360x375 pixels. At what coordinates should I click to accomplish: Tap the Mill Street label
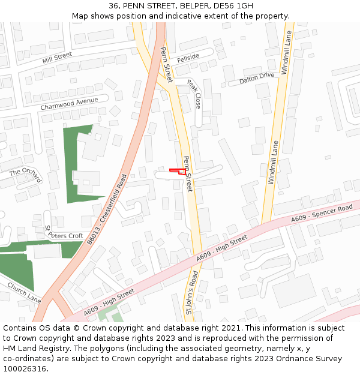(x=57, y=58)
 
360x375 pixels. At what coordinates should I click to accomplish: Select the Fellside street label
(x=188, y=57)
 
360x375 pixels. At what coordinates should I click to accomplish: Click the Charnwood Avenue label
(x=69, y=104)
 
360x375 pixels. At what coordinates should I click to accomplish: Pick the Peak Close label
(x=194, y=94)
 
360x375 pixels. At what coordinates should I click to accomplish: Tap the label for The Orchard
(x=26, y=175)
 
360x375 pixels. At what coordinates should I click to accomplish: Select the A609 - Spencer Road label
(x=322, y=214)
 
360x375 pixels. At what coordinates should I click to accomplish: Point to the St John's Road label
(x=190, y=294)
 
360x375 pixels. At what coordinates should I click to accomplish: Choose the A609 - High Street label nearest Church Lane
(x=109, y=302)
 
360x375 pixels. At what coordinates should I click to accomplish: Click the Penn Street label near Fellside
(x=166, y=66)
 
